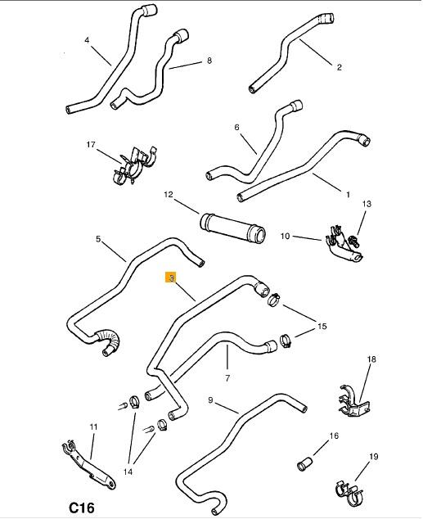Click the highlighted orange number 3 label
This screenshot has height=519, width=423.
pyautogui.click(x=171, y=278)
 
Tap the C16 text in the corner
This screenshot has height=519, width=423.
pyautogui.click(x=82, y=508)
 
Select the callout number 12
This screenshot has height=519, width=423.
pyautogui.click(x=169, y=194)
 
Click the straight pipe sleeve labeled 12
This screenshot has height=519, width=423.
pyautogui.click(x=232, y=228)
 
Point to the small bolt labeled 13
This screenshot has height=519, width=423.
pyautogui.click(x=354, y=241)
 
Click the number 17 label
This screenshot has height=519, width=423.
pyautogui.click(x=91, y=145)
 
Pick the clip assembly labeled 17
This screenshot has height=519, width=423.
pyautogui.click(x=134, y=165)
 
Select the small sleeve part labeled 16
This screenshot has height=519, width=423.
pyautogui.click(x=304, y=463)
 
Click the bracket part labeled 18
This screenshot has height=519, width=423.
pyautogui.click(x=354, y=402)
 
